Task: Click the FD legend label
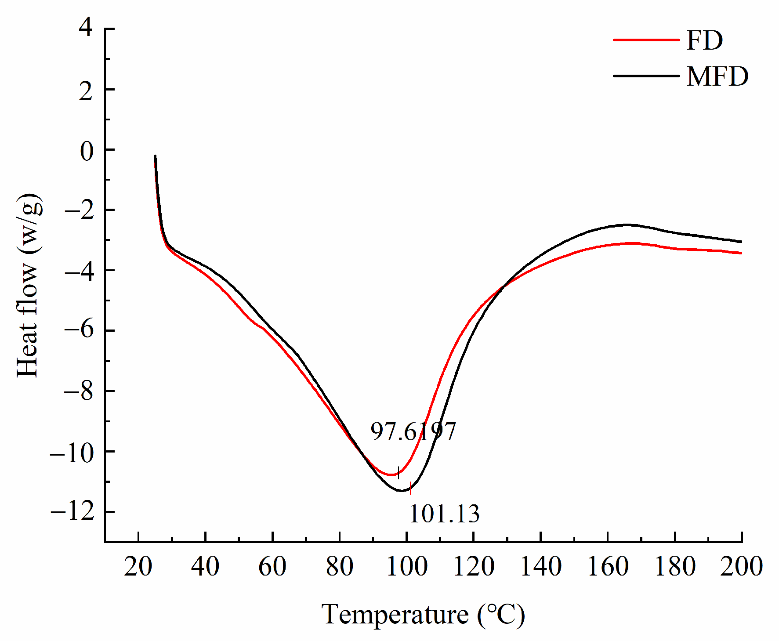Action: [x=704, y=40]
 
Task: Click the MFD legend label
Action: [x=717, y=76]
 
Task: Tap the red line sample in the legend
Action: [x=646, y=40]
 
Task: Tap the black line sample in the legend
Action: [x=646, y=76]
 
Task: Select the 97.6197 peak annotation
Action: [x=413, y=431]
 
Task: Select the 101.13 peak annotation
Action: [x=444, y=514]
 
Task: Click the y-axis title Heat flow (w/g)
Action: [x=29, y=286]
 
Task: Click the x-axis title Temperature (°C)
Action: [x=423, y=614]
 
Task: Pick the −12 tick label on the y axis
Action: [x=73, y=512]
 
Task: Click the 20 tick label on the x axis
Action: [x=138, y=566]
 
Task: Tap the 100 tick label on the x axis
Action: [x=407, y=566]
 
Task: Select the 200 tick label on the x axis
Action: [x=741, y=566]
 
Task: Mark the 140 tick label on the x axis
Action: [x=541, y=566]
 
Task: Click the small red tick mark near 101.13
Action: [x=410, y=488]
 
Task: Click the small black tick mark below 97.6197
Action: [x=399, y=473]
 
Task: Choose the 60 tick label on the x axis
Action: [x=272, y=566]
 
